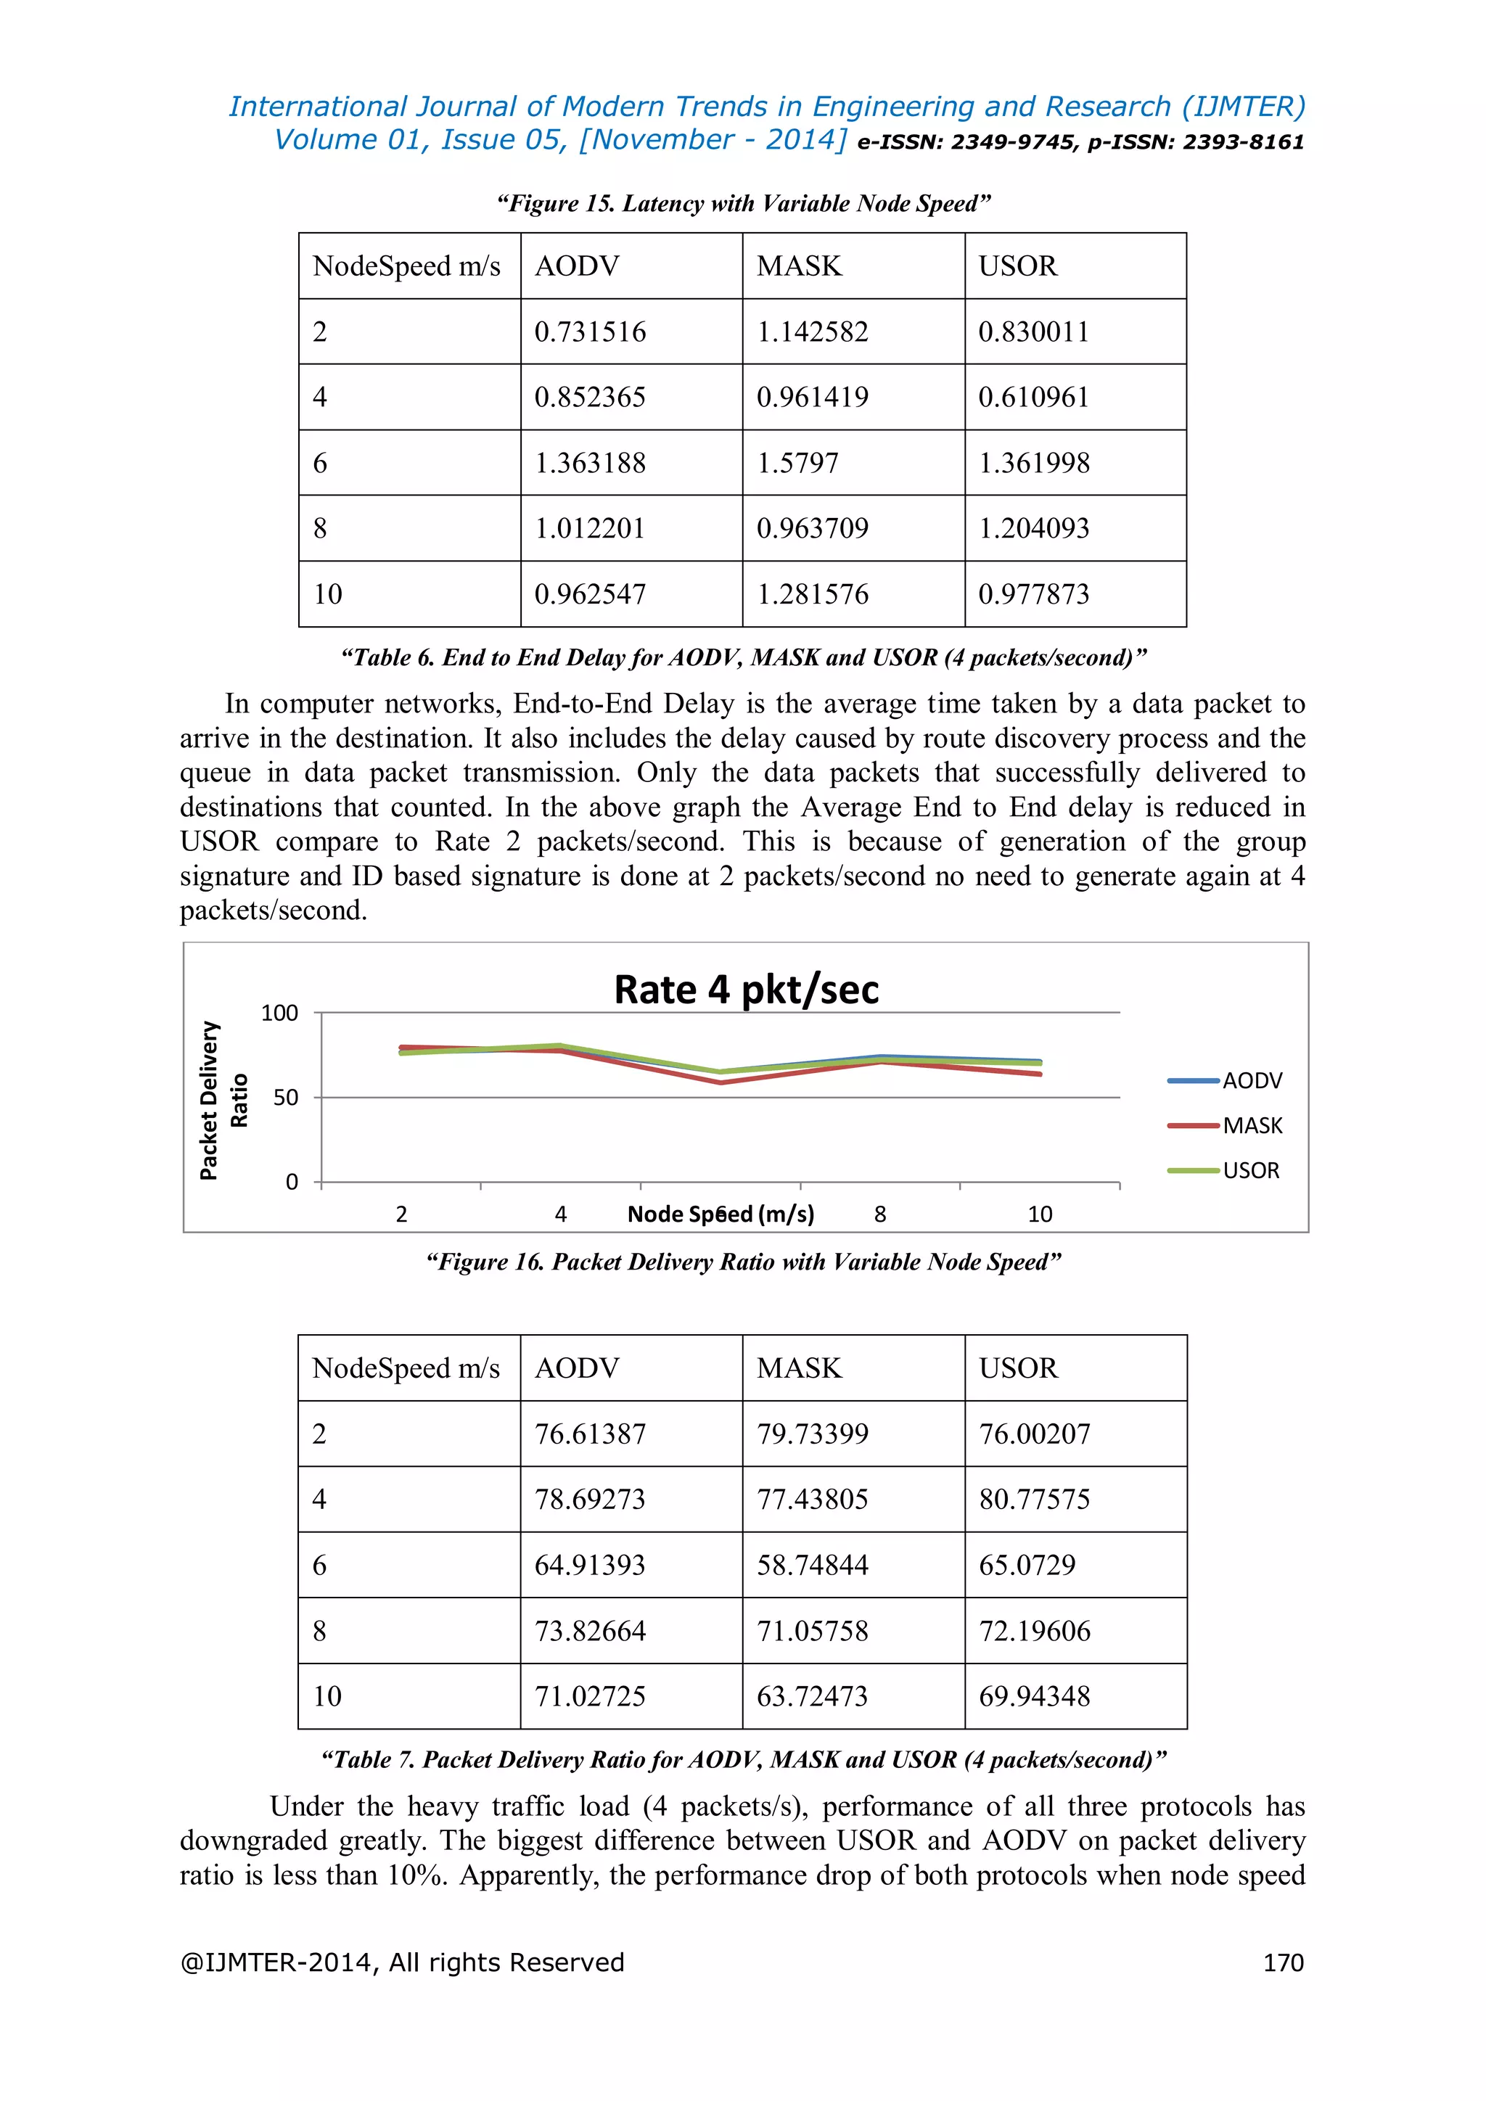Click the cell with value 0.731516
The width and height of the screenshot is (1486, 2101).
coord(590,332)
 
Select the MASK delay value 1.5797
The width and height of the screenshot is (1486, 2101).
coord(797,463)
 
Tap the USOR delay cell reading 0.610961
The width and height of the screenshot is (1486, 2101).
coord(1033,397)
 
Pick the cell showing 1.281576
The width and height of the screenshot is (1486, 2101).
coord(812,594)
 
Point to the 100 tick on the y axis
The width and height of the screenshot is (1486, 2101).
coord(279,1013)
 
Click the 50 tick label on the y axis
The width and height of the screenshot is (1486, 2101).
coord(285,1097)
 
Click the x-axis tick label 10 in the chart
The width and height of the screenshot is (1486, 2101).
coord(1040,1214)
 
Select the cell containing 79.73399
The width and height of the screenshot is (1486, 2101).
coord(812,1434)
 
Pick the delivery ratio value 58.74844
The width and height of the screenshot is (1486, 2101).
coord(812,1565)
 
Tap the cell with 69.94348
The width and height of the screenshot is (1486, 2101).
coord(1034,1696)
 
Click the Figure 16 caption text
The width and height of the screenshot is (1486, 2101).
coord(743,1262)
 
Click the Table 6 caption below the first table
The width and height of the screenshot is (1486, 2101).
coord(743,658)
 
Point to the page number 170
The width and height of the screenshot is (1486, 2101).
coord(1283,1962)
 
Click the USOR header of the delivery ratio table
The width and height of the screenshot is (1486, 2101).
coord(1017,1368)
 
